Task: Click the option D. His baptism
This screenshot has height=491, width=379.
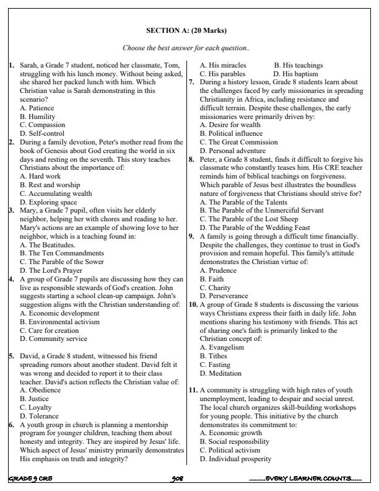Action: point(300,73)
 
